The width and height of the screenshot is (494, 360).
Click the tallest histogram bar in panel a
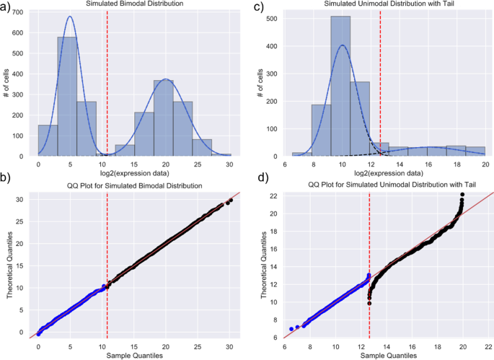tap(67, 96)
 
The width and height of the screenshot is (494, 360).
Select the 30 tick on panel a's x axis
tap(229, 164)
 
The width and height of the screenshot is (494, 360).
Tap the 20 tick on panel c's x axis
tap(485, 164)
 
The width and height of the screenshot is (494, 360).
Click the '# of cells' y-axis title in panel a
tap(6, 83)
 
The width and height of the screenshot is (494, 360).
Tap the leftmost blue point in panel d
tap(291, 329)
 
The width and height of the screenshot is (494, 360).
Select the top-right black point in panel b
tap(231, 200)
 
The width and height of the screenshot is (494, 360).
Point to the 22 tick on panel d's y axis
tap(274, 196)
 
